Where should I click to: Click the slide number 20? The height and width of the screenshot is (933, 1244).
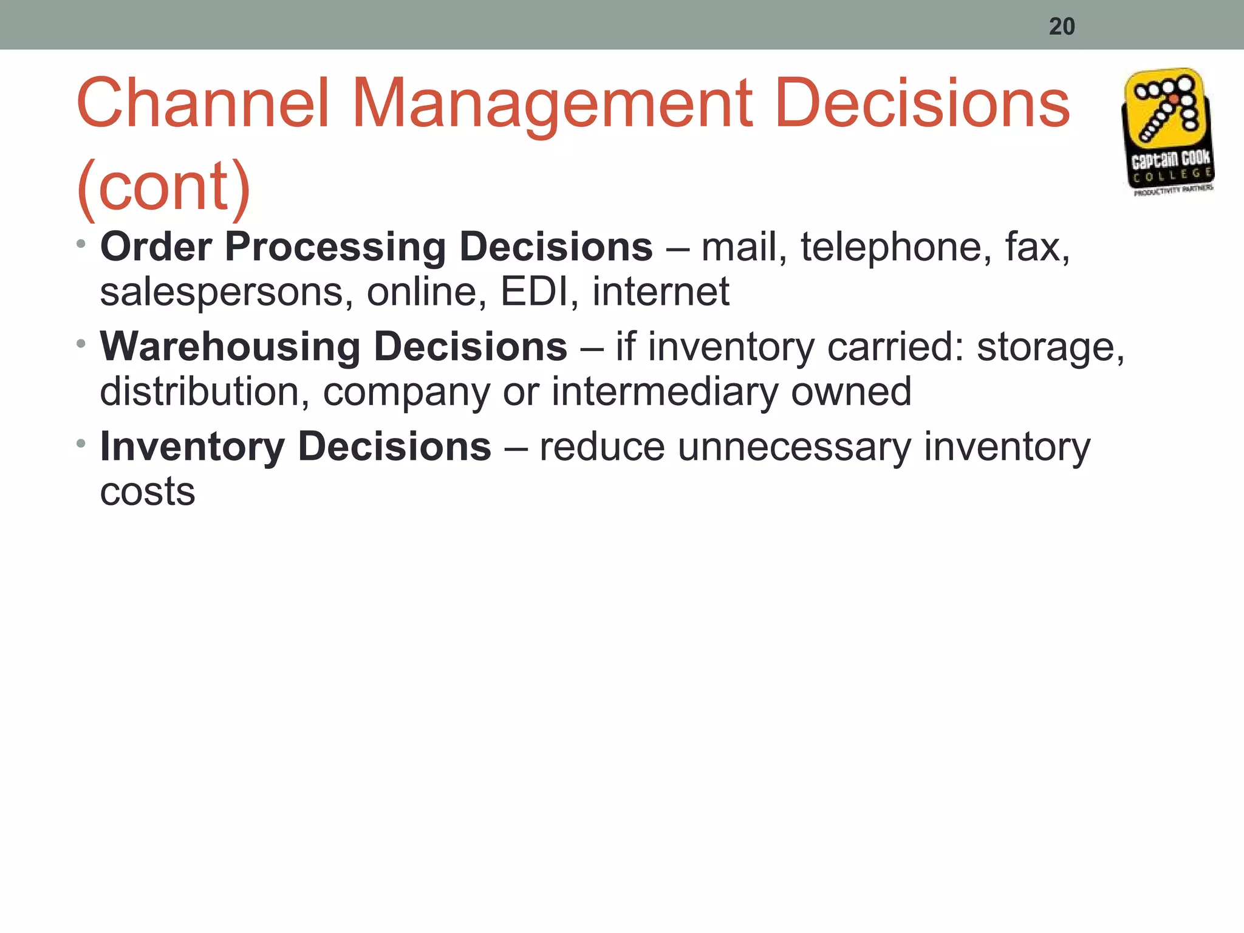click(x=1062, y=26)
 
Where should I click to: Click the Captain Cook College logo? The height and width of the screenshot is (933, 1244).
click(x=1167, y=132)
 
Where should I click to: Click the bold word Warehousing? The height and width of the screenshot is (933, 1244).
click(x=230, y=347)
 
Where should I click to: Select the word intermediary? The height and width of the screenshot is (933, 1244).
click(x=665, y=391)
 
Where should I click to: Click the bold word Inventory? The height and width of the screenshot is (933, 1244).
click(x=193, y=447)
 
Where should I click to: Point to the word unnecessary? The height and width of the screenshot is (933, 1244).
click(x=795, y=448)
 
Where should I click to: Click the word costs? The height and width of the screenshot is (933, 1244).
click(x=148, y=491)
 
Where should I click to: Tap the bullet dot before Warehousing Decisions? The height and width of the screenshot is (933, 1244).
click(x=81, y=344)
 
